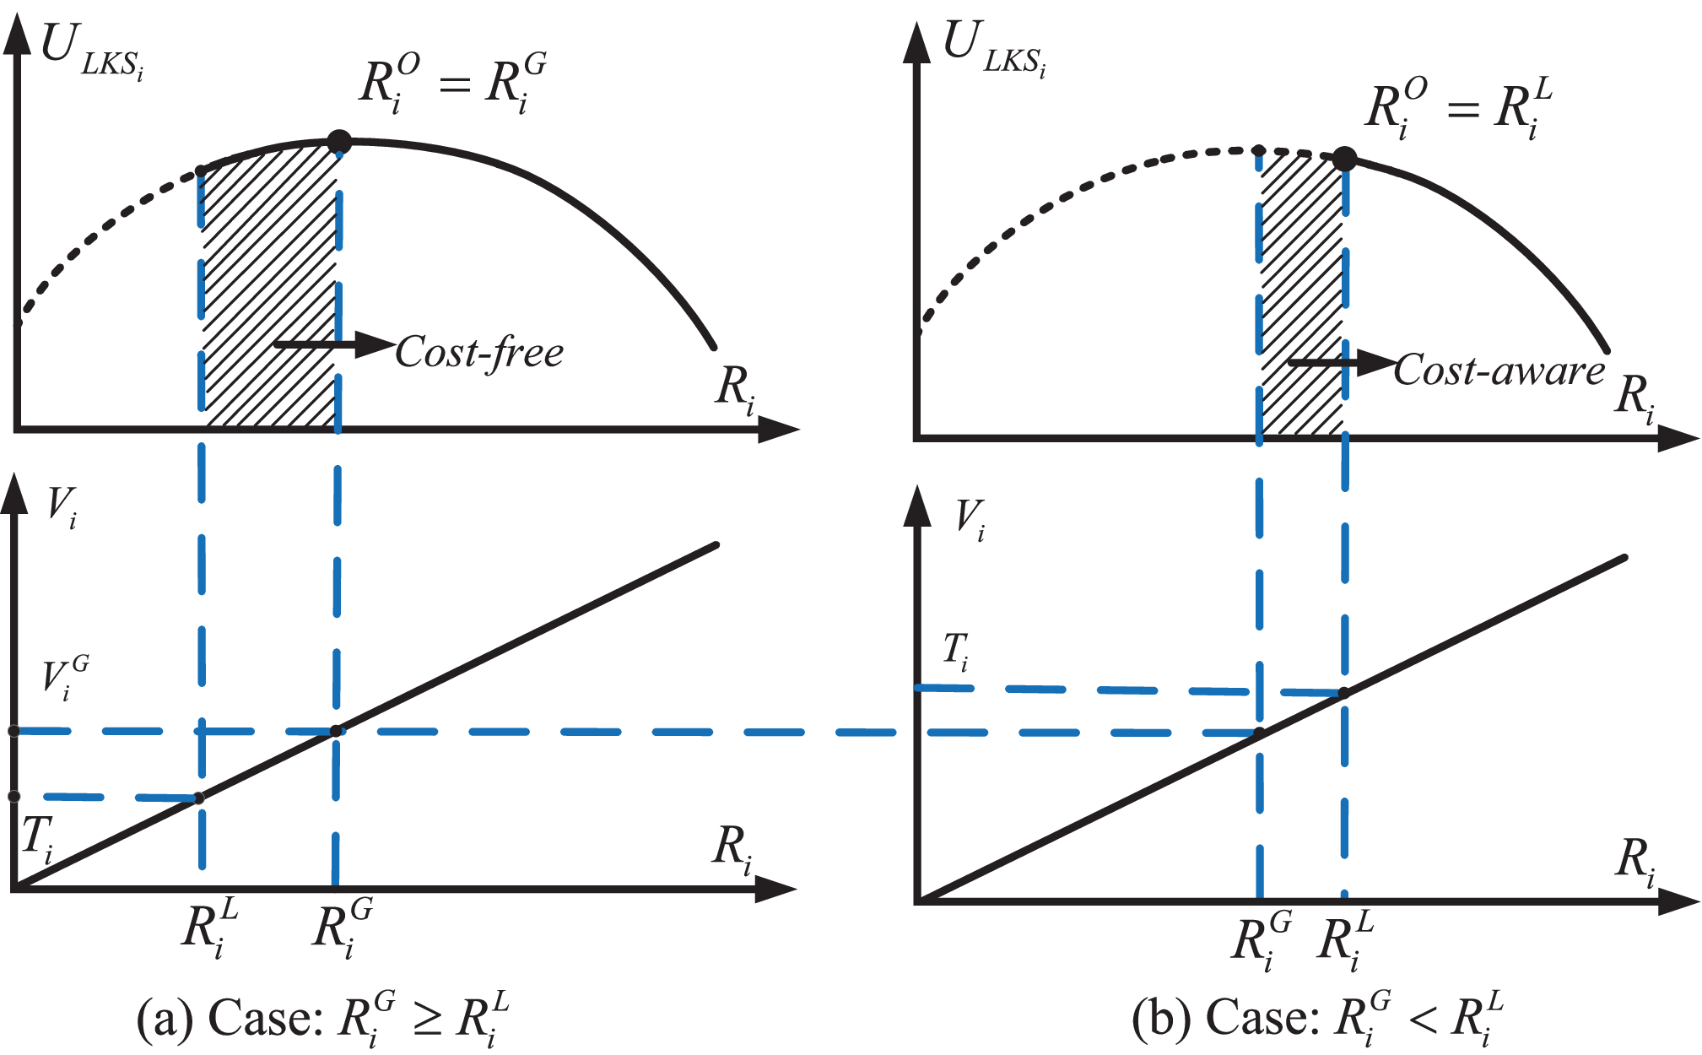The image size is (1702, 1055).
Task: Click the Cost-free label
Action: (x=479, y=352)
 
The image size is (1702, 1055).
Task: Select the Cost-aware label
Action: (x=1499, y=371)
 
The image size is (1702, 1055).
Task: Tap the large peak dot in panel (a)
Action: (x=338, y=142)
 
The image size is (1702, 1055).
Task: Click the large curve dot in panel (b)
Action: (x=1344, y=159)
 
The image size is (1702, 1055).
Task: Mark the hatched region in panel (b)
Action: (x=1301, y=295)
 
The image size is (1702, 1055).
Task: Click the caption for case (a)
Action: (x=323, y=1019)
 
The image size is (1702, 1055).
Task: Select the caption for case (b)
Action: (x=1317, y=1019)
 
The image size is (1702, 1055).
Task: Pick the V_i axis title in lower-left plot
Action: (x=61, y=507)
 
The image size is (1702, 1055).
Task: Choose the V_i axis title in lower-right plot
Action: (x=970, y=518)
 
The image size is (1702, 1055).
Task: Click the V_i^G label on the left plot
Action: (x=65, y=679)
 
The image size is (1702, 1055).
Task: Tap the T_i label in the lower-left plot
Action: (x=37, y=838)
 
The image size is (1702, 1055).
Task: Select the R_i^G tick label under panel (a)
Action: (x=342, y=928)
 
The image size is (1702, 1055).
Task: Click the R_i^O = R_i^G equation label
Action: (x=452, y=83)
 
